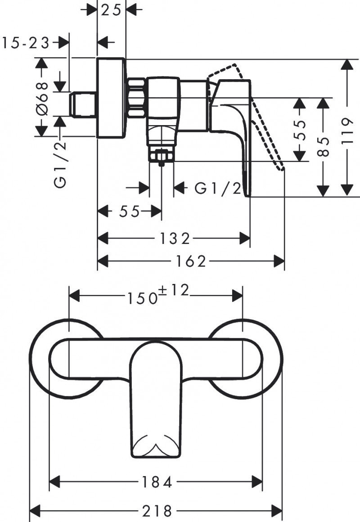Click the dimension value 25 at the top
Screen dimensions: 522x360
111,10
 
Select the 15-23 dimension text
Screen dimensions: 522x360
25,43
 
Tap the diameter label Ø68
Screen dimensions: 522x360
42,97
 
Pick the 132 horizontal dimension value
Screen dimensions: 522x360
174,238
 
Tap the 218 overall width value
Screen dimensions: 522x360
157,511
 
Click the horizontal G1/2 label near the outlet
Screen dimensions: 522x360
218,188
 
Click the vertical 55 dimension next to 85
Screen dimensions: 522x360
300,130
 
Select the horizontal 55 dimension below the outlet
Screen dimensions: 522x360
130,211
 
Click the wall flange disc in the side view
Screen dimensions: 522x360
111,98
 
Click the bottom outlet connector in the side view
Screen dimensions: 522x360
162,156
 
